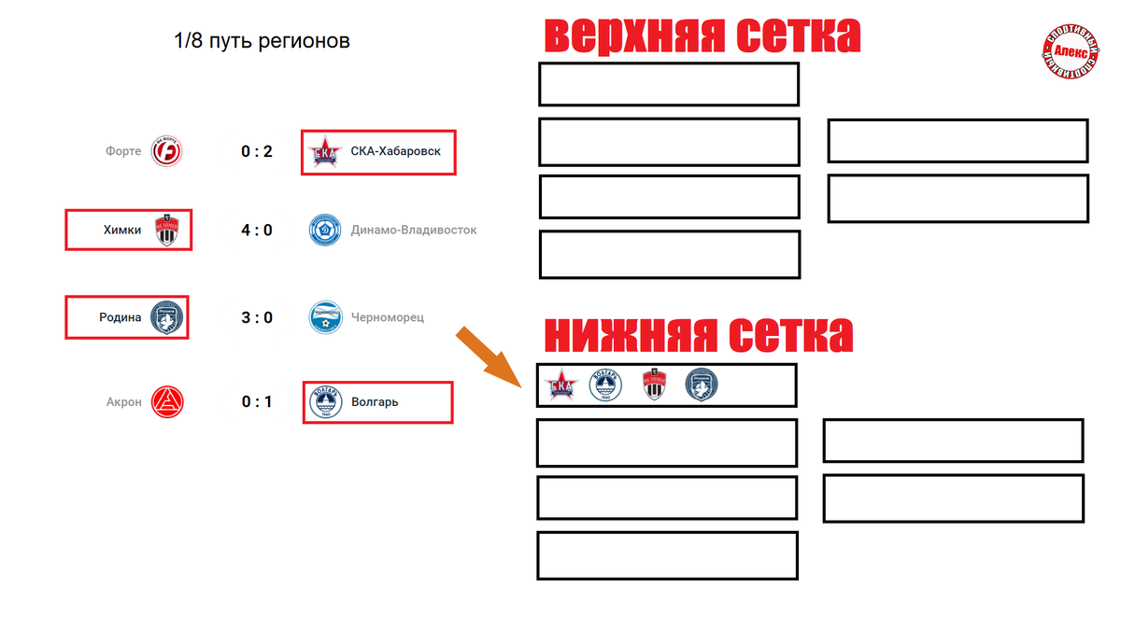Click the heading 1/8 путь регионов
click(x=262, y=41)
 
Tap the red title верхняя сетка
click(x=702, y=36)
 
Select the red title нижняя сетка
click(x=698, y=333)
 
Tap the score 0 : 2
click(x=257, y=150)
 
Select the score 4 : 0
click(x=257, y=230)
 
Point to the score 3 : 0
click(x=257, y=317)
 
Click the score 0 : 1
click(x=257, y=402)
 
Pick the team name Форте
click(x=123, y=150)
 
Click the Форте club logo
click(x=167, y=150)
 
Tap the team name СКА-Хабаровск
click(x=396, y=150)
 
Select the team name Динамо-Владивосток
click(x=414, y=230)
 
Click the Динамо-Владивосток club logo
click(x=325, y=230)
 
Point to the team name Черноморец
click(x=388, y=317)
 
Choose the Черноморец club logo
click(x=325, y=317)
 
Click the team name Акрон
click(x=124, y=402)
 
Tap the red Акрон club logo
click(x=168, y=402)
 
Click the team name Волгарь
click(x=375, y=402)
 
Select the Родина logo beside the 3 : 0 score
click(x=168, y=317)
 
